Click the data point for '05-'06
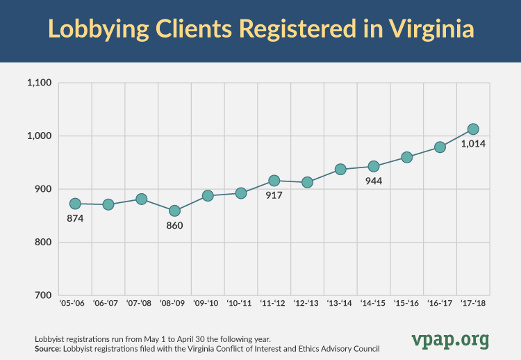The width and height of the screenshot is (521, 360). click(x=75, y=204)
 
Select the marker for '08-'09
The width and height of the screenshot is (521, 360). click(x=174, y=211)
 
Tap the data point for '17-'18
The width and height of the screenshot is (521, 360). click(x=473, y=129)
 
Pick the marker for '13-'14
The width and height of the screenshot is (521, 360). click(x=340, y=169)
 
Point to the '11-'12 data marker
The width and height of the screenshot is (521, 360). click(x=274, y=181)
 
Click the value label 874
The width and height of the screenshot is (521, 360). click(x=75, y=219)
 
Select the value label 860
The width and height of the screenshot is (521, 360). click(x=174, y=226)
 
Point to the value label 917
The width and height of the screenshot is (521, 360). click(x=274, y=196)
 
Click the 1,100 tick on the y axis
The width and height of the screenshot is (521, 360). click(x=39, y=83)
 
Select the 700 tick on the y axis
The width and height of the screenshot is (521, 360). click(x=43, y=295)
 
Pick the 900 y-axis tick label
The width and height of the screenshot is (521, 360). click(x=43, y=189)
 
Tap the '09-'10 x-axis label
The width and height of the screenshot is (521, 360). click(x=207, y=304)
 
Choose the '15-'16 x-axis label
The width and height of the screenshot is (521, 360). click(x=406, y=304)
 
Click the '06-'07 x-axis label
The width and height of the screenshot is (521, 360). click(x=108, y=304)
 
